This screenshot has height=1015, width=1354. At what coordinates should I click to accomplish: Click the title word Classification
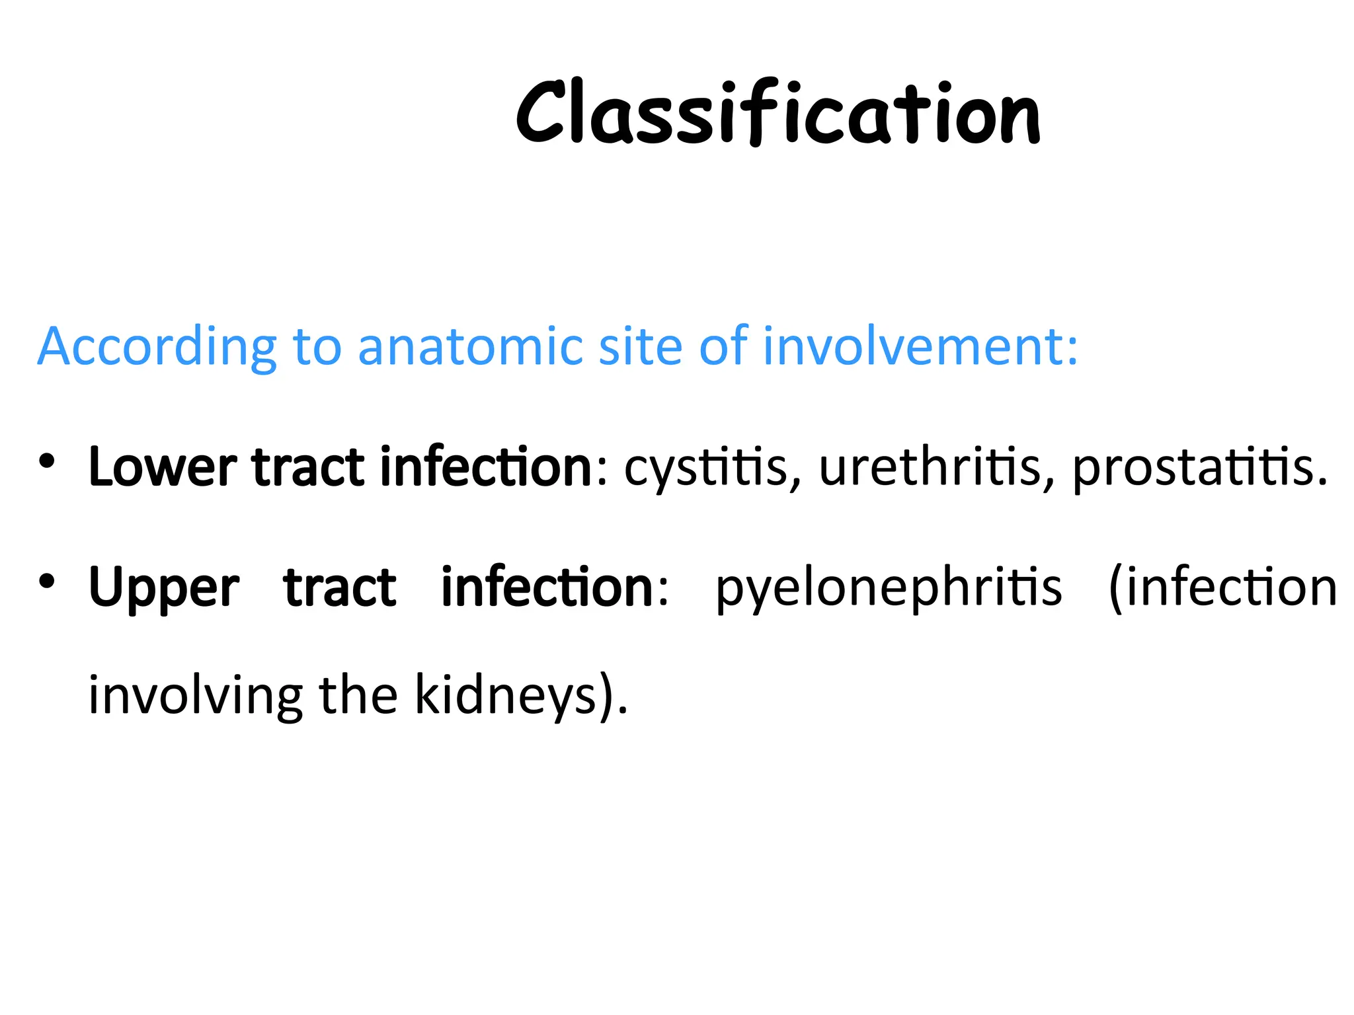click(x=777, y=112)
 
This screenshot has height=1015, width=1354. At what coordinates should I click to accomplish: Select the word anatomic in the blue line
click(x=470, y=346)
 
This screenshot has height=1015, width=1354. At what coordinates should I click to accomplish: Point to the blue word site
click(x=639, y=346)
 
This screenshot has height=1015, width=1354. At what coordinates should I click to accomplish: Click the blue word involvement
click(x=919, y=346)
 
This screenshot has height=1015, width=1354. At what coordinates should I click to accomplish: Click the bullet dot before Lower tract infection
click(x=46, y=461)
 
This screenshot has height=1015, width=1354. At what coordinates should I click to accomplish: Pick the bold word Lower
click(x=163, y=467)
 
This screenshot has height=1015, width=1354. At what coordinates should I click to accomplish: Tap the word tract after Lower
click(x=308, y=467)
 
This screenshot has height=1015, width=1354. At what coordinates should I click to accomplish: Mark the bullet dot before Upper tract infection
click(x=46, y=581)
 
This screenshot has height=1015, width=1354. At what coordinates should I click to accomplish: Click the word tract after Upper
click(x=340, y=587)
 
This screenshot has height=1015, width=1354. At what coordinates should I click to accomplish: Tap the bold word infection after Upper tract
click(x=547, y=587)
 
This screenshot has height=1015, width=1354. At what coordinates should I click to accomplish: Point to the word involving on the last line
click(x=196, y=696)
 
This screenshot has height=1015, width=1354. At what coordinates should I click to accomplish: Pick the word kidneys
click(x=506, y=696)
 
